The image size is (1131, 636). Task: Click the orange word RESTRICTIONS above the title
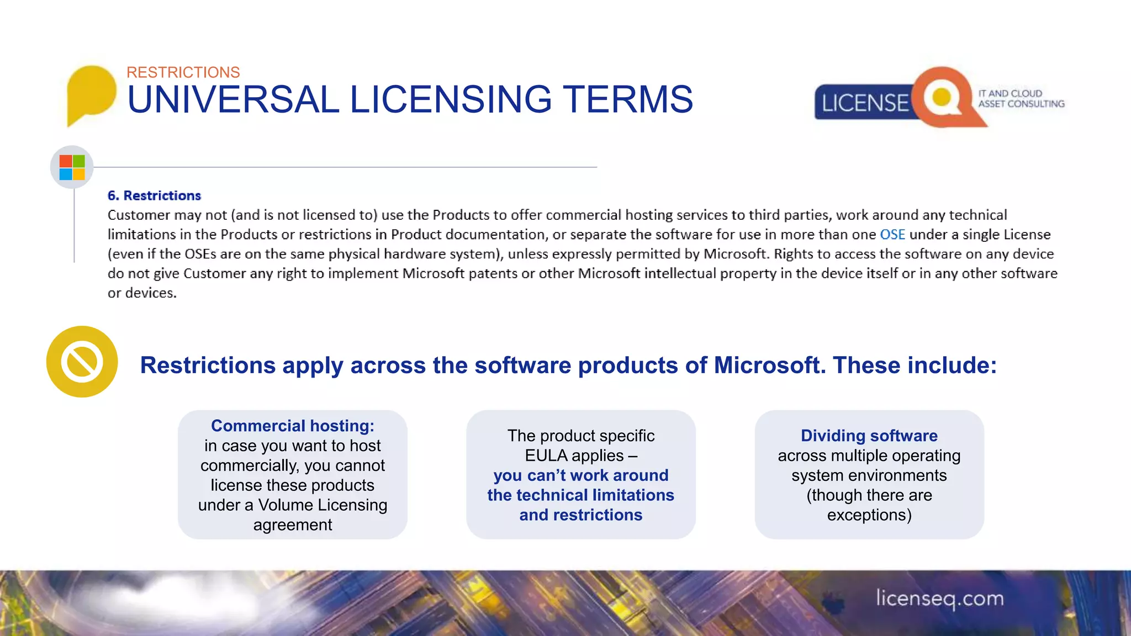pos(183,72)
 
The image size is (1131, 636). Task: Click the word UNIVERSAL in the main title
pos(233,100)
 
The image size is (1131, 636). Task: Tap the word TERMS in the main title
pos(628,100)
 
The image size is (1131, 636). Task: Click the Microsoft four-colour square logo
pos(72,167)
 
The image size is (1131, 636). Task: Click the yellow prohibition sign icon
pos(82,362)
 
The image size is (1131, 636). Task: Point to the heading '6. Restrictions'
pos(154,195)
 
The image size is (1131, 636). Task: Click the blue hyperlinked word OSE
pos(892,235)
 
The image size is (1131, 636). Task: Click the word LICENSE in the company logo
pos(865,103)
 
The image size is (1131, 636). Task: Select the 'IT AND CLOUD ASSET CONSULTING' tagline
pos(1021,99)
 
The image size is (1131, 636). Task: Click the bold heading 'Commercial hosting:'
pos(293,426)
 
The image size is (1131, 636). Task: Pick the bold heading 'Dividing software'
pos(869,436)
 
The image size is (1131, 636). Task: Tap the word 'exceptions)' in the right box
pos(869,515)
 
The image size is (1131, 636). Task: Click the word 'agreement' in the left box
pos(293,525)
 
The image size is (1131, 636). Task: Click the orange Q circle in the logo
pos(942,97)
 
